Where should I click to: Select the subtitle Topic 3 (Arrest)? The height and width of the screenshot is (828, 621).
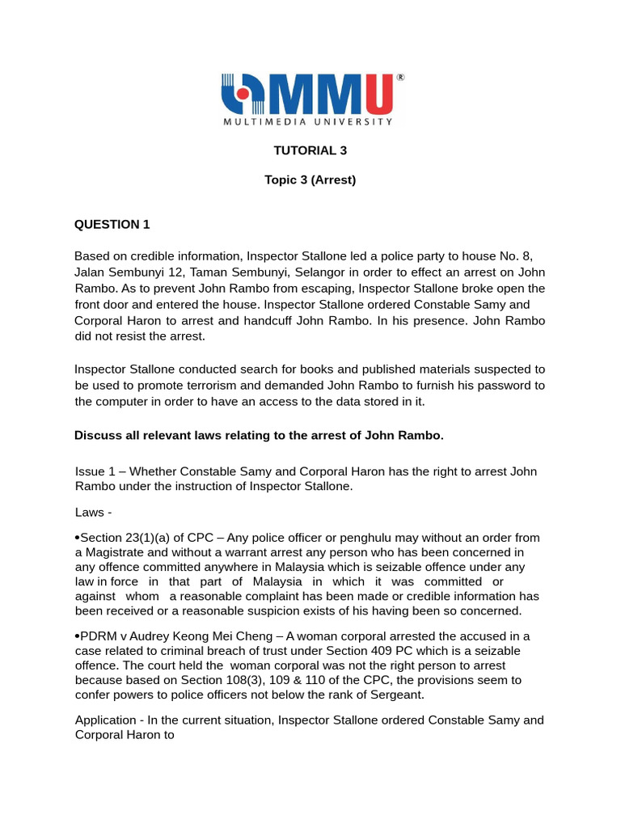pos(310,180)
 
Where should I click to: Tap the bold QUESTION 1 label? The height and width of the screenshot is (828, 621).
pos(112,224)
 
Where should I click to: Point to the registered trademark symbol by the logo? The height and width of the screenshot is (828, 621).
pos(400,78)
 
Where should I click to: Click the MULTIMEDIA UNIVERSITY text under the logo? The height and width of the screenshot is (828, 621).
pos(308,122)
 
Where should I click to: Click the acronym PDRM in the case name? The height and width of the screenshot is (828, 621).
pos(97,636)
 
